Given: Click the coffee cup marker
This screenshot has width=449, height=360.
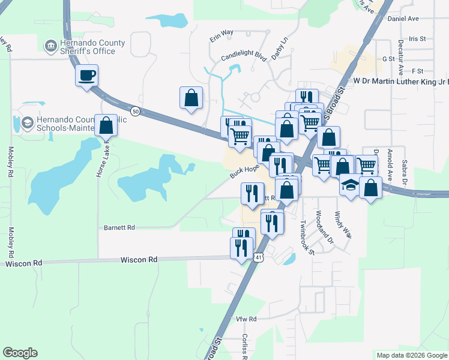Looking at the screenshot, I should pyautogui.click(x=86, y=76).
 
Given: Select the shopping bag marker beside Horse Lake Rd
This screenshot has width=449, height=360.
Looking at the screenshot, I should pyautogui.click(x=106, y=126).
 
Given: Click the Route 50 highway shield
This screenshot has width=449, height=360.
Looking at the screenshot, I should pyautogui.click(x=136, y=112).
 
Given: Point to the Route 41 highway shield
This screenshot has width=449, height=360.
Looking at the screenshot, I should pyautogui.click(x=258, y=257).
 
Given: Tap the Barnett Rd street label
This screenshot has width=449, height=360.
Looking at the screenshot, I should pyautogui.click(x=119, y=228).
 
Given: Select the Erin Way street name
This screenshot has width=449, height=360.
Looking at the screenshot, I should pyautogui.click(x=221, y=35).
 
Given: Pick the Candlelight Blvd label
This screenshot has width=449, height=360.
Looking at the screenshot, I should pyautogui.click(x=243, y=55).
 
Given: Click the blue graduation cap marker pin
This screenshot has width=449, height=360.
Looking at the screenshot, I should pyautogui.click(x=351, y=185).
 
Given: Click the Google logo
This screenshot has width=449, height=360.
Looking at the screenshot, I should pyautogui.click(x=20, y=353).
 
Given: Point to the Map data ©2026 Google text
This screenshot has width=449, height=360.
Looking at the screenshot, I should pyautogui.click(x=411, y=355).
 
